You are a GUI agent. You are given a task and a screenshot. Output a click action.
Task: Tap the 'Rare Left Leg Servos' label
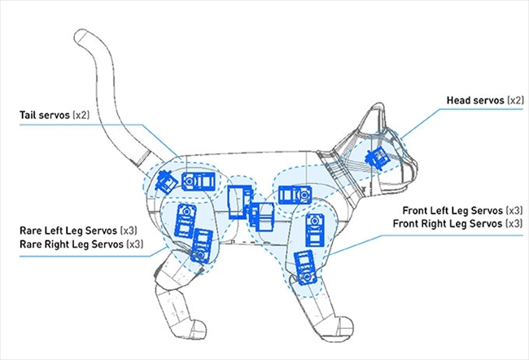[69, 231]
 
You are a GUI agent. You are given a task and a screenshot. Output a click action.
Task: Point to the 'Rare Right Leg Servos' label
[72, 244]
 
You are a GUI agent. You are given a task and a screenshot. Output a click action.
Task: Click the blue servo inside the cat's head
[377, 157]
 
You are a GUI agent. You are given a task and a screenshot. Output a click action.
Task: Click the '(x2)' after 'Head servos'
[515, 100]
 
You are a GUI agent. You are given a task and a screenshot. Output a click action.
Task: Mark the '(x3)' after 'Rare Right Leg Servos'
[135, 244]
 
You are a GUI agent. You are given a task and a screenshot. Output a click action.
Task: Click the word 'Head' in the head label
[459, 100]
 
